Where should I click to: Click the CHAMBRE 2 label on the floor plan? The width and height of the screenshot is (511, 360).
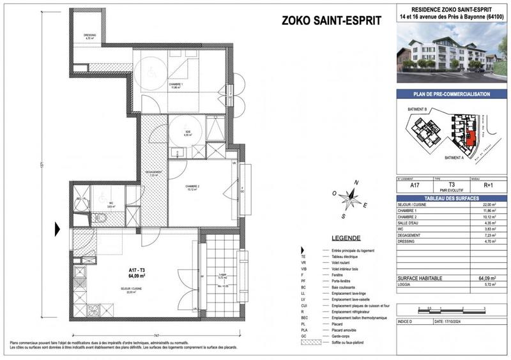[194, 188]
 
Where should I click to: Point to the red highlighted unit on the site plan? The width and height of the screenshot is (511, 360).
[471, 135]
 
